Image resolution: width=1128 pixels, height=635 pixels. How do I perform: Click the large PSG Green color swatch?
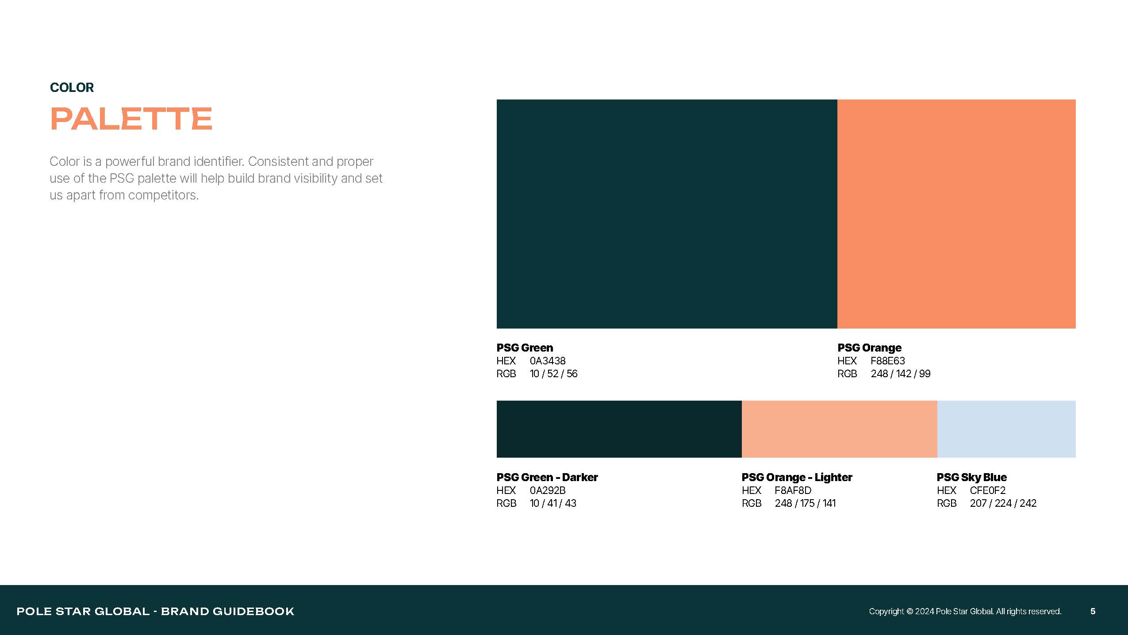point(667,214)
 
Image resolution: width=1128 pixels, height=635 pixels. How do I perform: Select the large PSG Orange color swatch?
point(956,214)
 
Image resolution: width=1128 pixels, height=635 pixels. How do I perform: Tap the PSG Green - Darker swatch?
point(619,429)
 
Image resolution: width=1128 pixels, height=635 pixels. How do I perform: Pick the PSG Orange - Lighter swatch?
point(839,429)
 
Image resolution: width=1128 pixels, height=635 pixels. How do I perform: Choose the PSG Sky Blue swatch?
point(1006,429)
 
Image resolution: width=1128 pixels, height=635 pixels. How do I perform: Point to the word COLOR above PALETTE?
point(72,88)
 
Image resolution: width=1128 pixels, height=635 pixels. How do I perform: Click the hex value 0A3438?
point(548,361)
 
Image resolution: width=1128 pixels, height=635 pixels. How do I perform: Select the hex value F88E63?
point(888,361)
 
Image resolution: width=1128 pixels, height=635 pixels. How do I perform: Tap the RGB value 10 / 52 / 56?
point(554,374)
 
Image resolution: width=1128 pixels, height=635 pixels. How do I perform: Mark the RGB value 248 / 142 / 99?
point(901,374)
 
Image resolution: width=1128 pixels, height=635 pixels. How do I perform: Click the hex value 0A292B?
point(548,490)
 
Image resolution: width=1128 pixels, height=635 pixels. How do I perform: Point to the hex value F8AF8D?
point(793,490)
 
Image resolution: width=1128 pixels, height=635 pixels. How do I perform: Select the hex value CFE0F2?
point(988,490)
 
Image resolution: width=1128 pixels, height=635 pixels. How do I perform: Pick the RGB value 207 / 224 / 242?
point(1003,503)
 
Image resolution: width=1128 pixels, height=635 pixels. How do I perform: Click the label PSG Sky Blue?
point(972,478)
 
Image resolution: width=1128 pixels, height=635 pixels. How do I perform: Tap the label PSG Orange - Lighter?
point(797,478)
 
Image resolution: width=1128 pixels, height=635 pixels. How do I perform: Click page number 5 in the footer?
point(1093,611)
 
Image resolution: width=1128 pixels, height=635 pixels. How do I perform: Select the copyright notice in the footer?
point(965,611)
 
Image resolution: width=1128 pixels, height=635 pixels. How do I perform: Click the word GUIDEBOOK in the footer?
point(253,611)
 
